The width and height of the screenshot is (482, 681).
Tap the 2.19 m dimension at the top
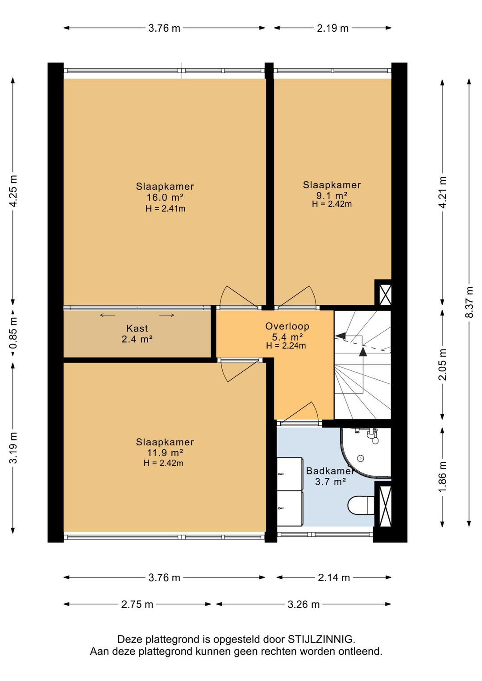332,28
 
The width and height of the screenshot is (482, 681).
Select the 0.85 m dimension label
13,332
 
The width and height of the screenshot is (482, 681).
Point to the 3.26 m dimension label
303,604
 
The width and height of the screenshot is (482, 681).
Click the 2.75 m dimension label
137,604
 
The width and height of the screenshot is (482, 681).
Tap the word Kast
137,328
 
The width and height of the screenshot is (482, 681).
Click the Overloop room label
287,326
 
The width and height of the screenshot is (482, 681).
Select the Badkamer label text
330,471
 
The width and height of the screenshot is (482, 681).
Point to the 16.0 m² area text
165,197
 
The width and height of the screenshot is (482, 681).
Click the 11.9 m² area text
165,453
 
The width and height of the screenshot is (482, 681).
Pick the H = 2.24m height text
286,346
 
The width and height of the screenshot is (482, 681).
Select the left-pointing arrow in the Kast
108,315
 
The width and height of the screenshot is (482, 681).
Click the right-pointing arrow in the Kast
166,315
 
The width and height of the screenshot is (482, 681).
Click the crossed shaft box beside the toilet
383,507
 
